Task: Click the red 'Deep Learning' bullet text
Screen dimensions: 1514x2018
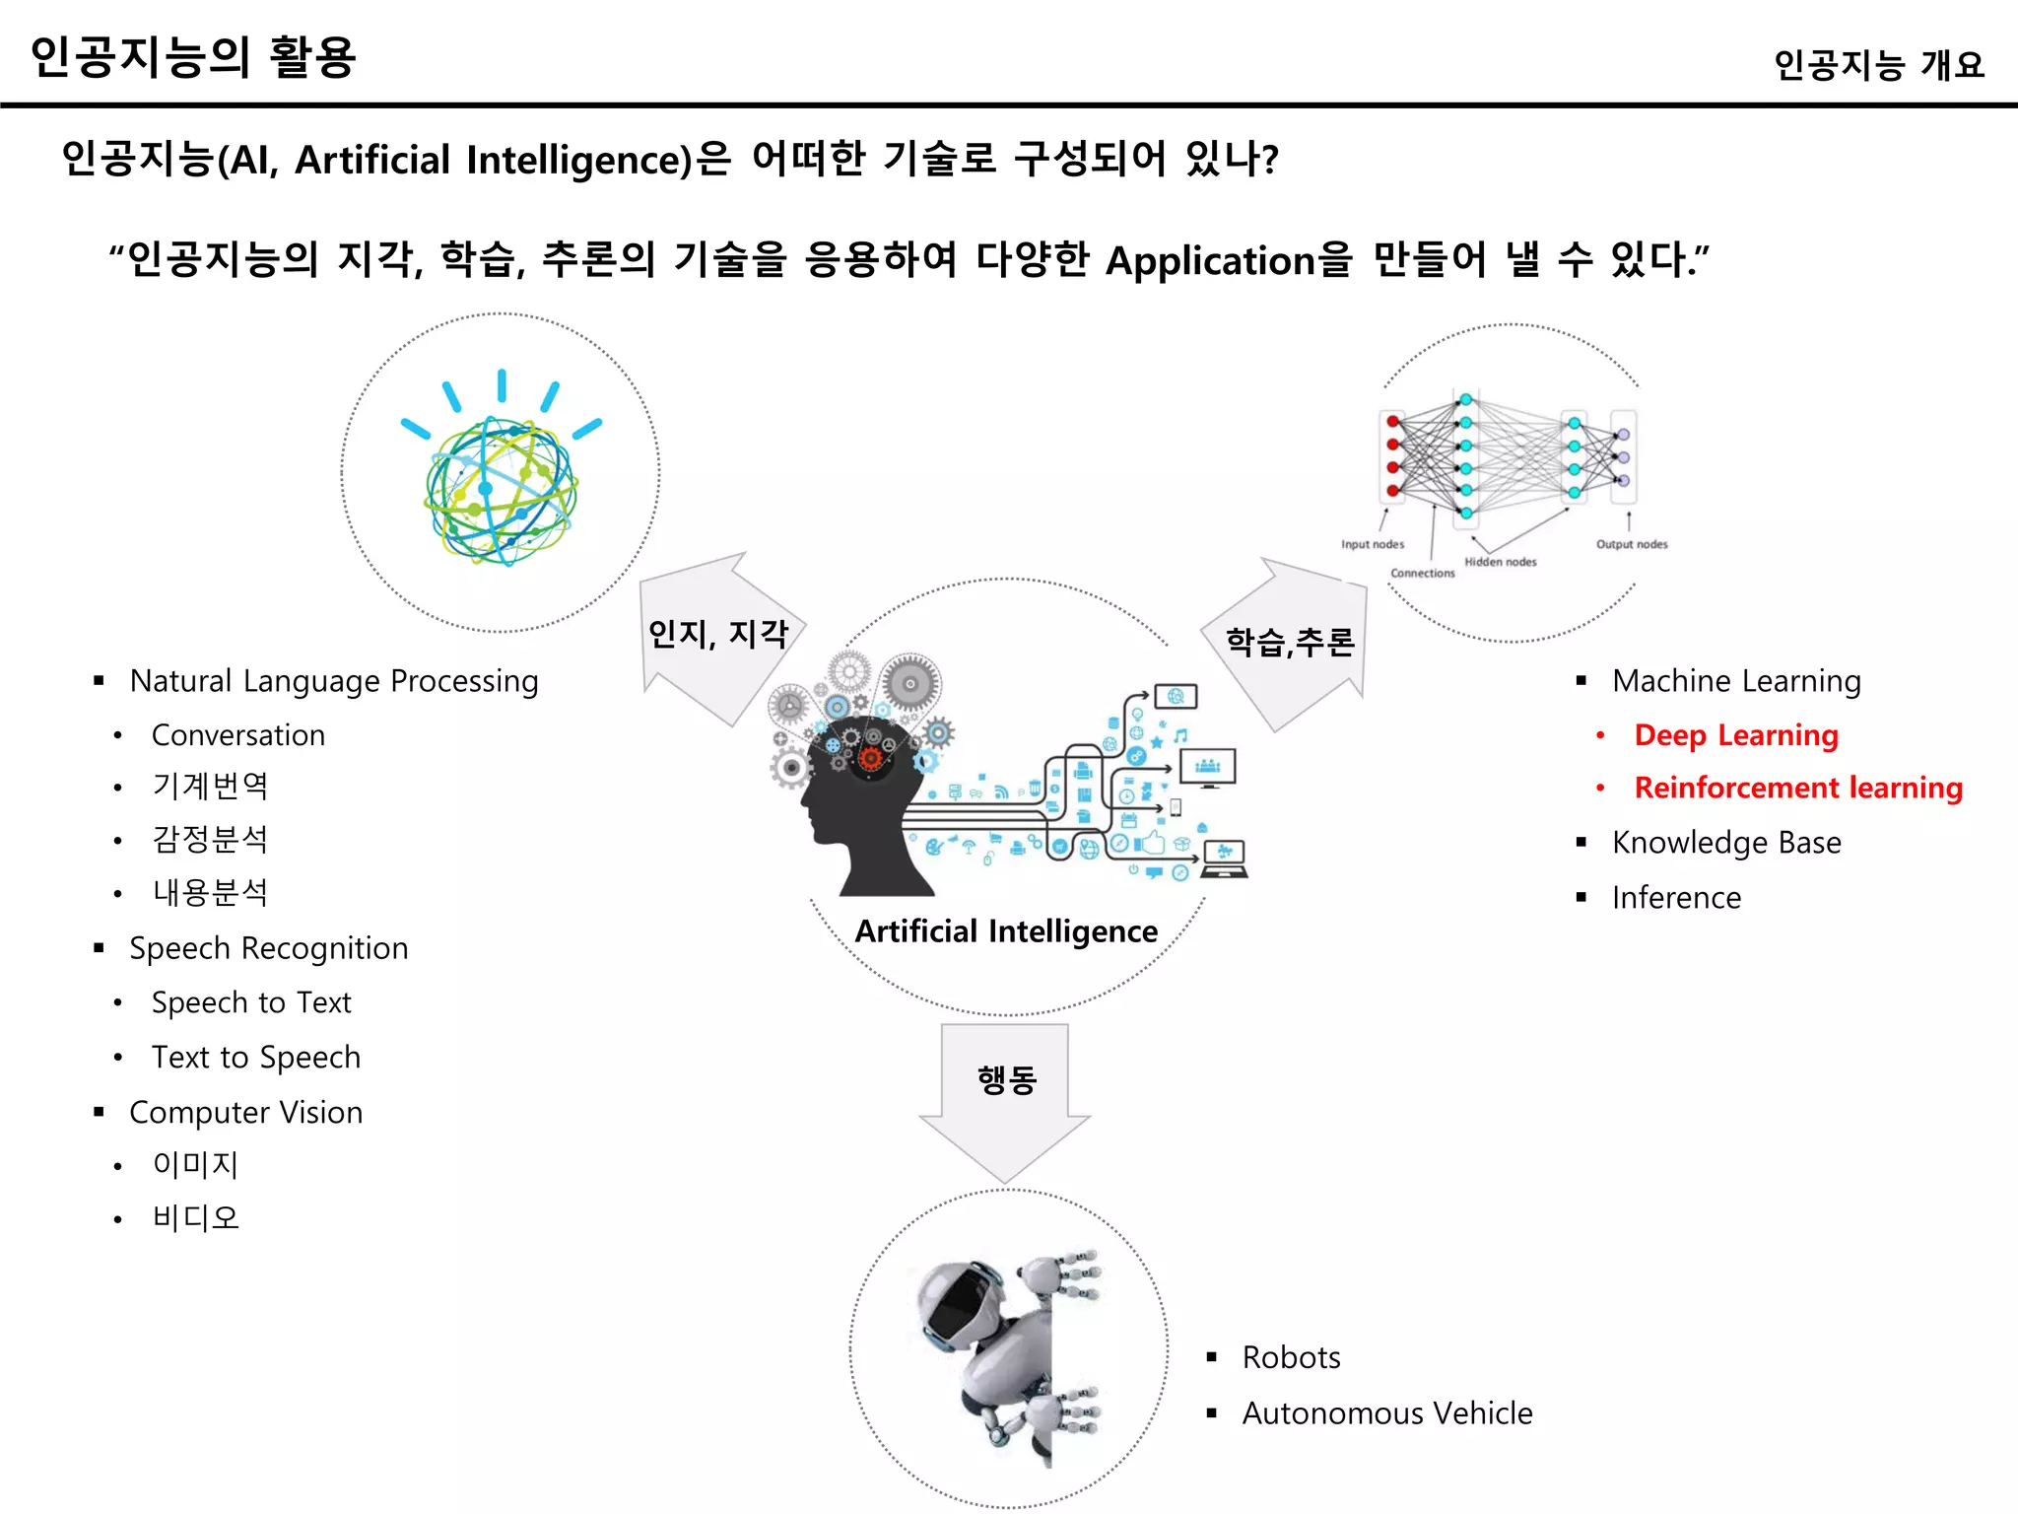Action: [1735, 735]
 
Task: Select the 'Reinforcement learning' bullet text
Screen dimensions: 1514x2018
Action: [1797, 788]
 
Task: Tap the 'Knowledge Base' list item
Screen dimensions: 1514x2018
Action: [1725, 843]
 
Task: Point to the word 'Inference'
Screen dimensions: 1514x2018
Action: [1676, 898]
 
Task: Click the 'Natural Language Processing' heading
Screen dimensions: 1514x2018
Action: [333, 681]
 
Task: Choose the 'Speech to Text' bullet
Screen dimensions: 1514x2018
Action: [251, 1002]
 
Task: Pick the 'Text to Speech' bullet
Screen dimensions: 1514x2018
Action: [256, 1058]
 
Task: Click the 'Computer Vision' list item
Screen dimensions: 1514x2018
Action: [246, 1113]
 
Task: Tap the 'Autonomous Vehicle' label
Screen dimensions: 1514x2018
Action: [1386, 1413]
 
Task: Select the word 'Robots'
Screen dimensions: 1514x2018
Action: [1291, 1358]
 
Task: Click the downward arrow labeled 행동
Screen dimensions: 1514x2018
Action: [1005, 1094]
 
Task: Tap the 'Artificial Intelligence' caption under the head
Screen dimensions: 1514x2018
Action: [1006, 931]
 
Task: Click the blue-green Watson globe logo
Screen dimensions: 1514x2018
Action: [501, 489]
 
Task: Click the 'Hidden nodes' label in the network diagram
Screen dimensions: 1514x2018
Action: [1500, 562]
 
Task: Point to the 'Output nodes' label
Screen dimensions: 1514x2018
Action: [1632, 544]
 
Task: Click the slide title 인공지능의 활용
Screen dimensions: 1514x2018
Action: [193, 57]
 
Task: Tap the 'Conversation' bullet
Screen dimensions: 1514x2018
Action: [237, 735]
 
